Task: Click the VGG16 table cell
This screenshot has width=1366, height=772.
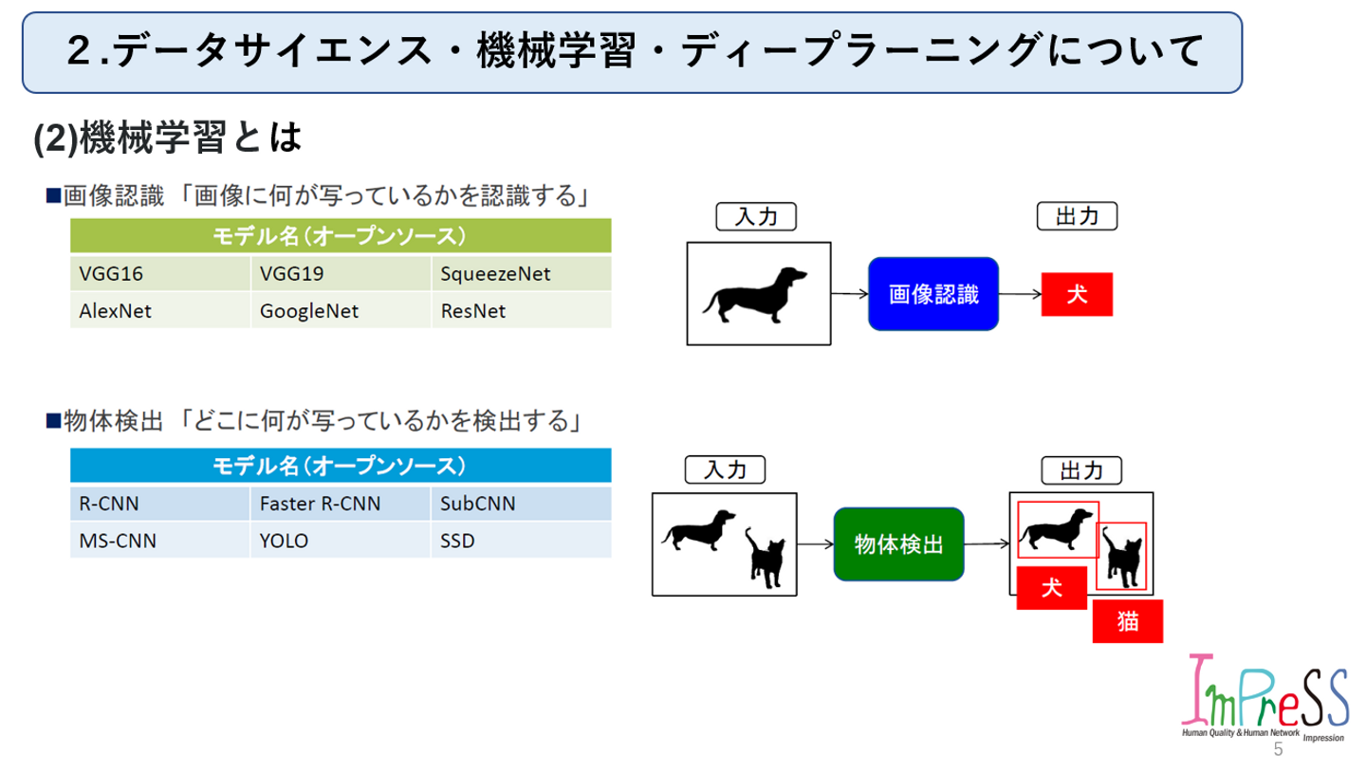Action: (x=159, y=275)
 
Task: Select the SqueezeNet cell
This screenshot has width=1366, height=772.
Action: (x=520, y=275)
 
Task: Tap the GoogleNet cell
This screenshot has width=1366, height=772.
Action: (x=340, y=310)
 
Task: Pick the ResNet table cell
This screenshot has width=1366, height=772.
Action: (x=520, y=310)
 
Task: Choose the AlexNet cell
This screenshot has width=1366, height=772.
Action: (x=159, y=310)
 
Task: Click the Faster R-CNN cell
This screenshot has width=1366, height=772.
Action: (x=340, y=504)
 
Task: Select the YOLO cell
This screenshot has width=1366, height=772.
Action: (x=340, y=541)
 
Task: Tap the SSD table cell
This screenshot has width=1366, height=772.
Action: (x=520, y=541)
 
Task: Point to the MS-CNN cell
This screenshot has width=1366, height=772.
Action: (x=159, y=541)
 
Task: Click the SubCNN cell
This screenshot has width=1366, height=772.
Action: (x=520, y=504)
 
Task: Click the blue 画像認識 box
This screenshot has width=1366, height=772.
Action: (x=933, y=294)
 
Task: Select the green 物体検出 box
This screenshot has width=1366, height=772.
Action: (x=898, y=544)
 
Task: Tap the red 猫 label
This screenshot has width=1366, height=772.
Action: (x=1128, y=622)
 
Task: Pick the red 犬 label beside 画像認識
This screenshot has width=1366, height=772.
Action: (x=1077, y=294)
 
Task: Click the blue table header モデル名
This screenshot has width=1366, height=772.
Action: (x=341, y=466)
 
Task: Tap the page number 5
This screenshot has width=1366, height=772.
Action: (x=1278, y=750)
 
